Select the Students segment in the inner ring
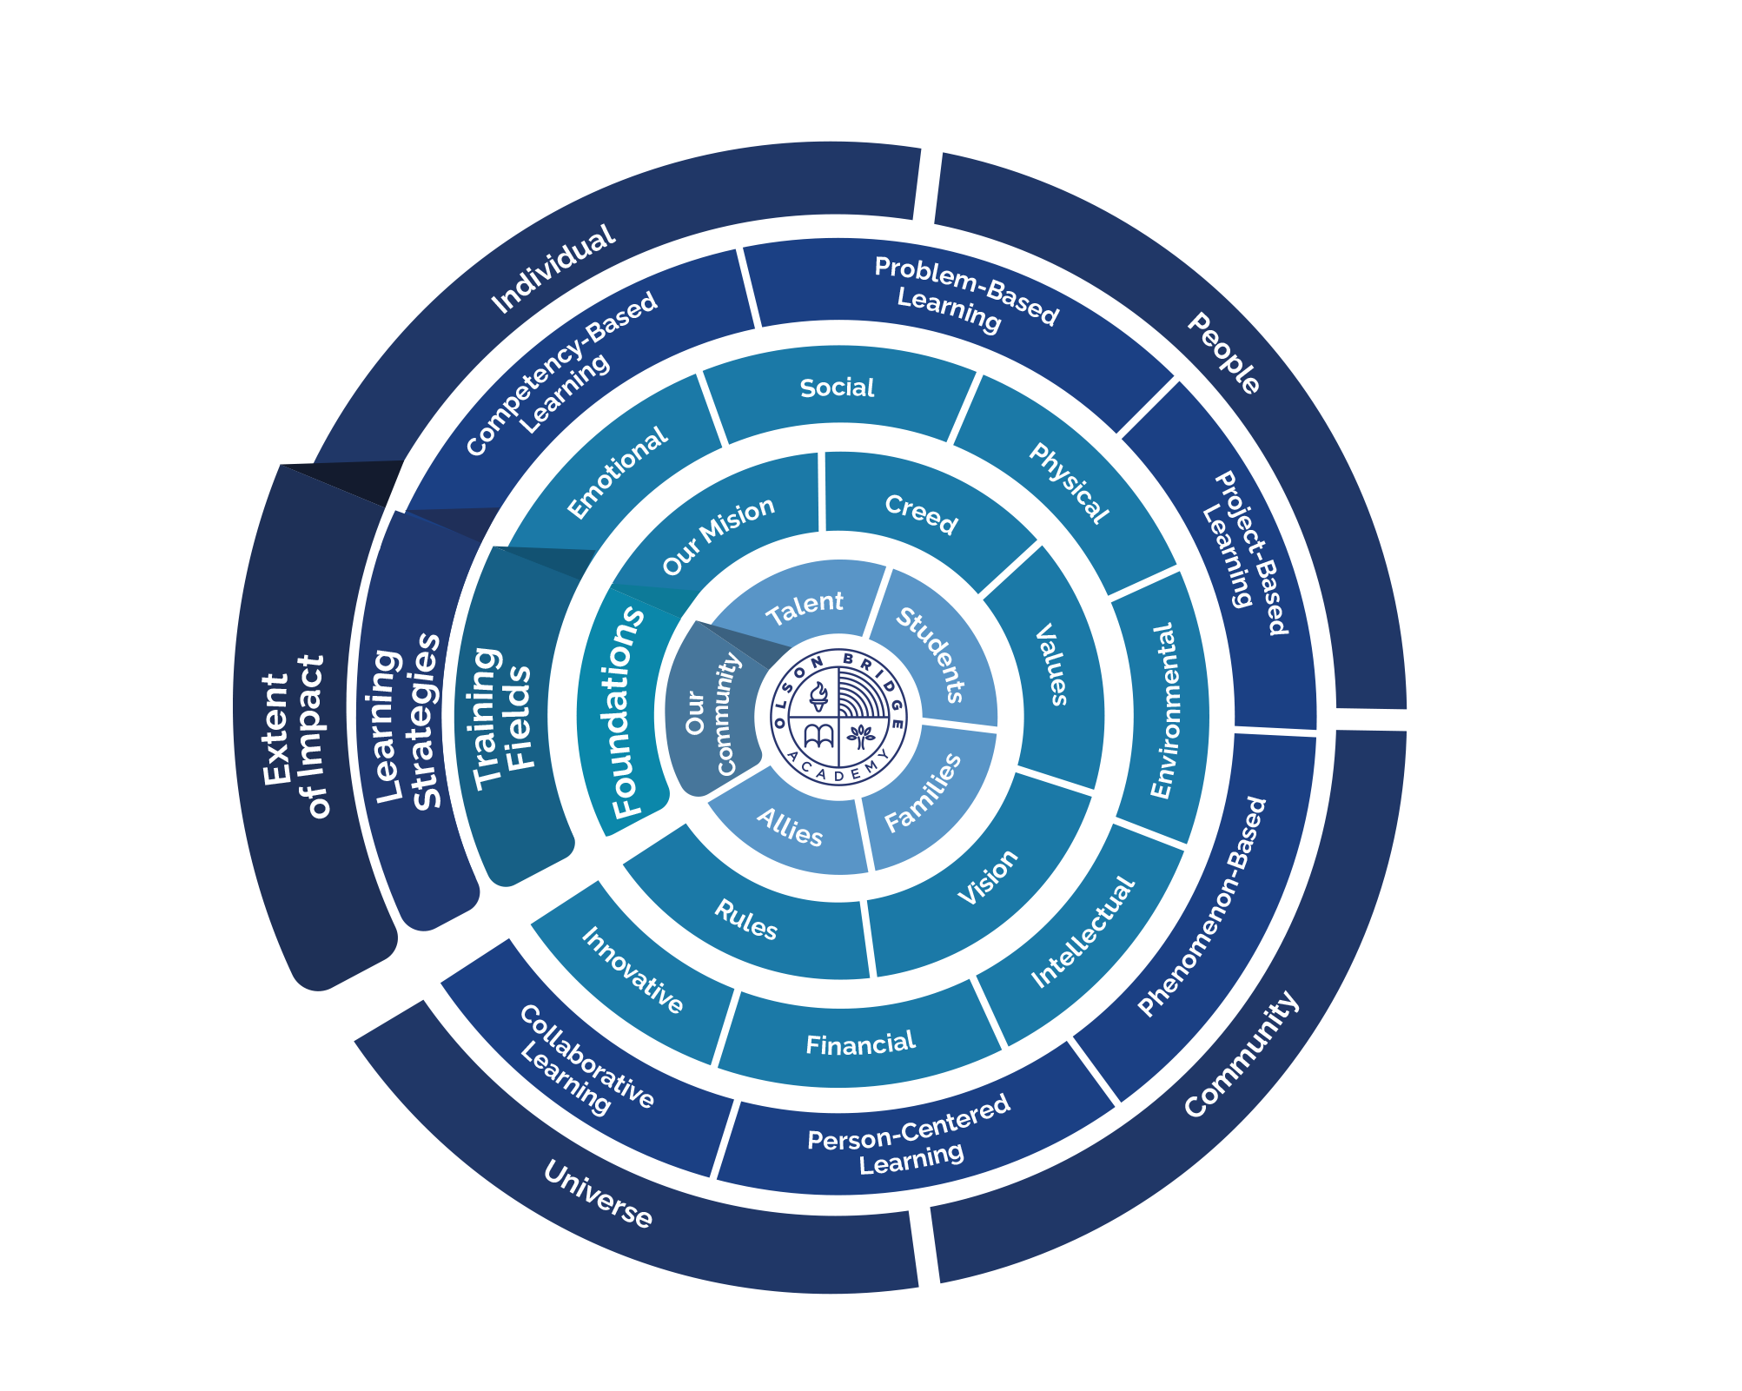point(931,654)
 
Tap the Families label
point(923,792)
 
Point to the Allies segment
point(790,828)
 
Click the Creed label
point(921,514)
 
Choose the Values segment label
point(1052,664)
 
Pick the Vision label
point(987,877)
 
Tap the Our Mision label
point(718,535)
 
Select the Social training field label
point(837,388)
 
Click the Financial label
point(860,1043)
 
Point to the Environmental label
point(1162,710)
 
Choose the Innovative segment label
point(633,970)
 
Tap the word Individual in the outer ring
point(553,269)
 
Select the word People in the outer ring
point(1224,354)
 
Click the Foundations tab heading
point(627,712)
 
